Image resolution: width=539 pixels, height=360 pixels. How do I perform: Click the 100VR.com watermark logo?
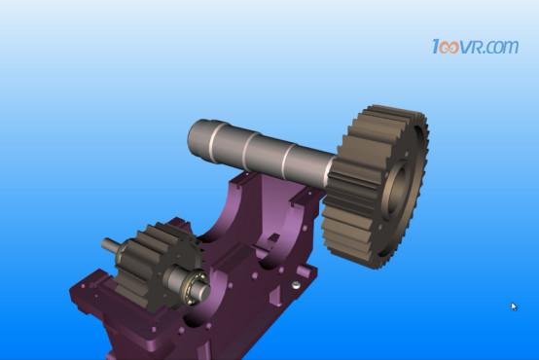(x=475, y=47)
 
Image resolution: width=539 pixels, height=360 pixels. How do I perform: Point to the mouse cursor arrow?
(x=514, y=306)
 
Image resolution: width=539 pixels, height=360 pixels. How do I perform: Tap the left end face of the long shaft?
(x=194, y=137)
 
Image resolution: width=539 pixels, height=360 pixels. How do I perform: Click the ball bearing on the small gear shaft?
(x=197, y=281)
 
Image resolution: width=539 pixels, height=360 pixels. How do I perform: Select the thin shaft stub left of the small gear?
(x=109, y=245)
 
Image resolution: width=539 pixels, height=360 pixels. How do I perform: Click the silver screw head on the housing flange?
(x=296, y=285)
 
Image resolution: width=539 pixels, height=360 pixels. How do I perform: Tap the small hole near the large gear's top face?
(x=407, y=155)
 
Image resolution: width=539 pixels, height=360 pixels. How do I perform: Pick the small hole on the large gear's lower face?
(x=379, y=227)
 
